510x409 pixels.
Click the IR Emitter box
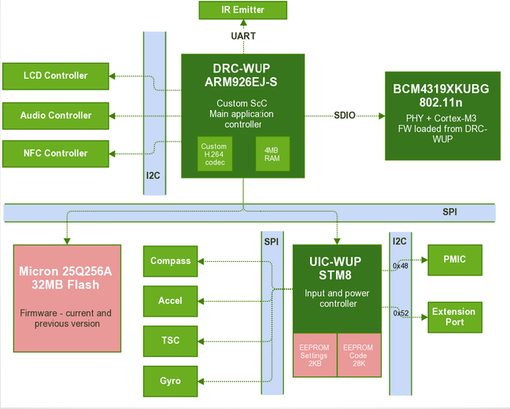point(242,10)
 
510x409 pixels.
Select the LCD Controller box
point(56,76)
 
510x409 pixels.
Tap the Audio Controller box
point(56,115)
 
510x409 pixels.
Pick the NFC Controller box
point(56,153)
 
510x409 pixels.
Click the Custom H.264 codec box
point(214,155)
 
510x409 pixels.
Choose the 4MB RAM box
point(272,155)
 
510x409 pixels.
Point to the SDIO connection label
point(345,116)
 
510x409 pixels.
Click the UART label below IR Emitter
point(243,36)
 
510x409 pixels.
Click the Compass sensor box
point(171,261)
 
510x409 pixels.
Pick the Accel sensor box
point(171,300)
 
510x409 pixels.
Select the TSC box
point(171,341)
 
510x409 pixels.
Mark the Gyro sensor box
point(171,381)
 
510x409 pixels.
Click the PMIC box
point(454,259)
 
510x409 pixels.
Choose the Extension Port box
point(454,317)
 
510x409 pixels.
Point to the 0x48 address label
point(400,265)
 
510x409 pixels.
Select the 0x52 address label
point(400,313)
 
